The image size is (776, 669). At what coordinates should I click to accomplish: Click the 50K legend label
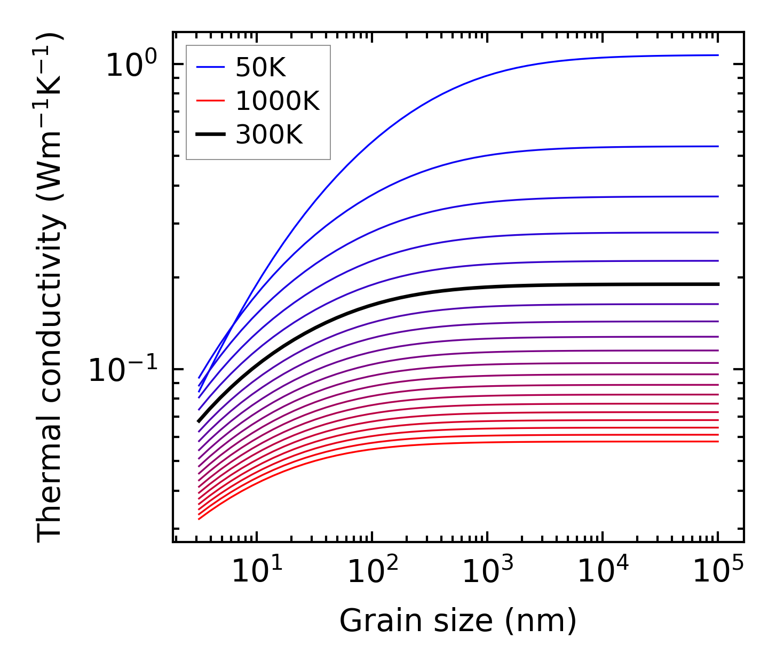coord(260,68)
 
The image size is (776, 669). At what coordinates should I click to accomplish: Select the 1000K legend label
coord(277,101)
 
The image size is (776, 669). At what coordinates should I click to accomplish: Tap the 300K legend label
coord(268,136)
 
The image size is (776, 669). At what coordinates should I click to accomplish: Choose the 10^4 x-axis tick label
coord(603,570)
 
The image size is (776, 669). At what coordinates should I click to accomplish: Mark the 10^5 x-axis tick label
coord(718,570)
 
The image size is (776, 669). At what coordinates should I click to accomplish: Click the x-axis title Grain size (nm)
coord(458,621)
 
